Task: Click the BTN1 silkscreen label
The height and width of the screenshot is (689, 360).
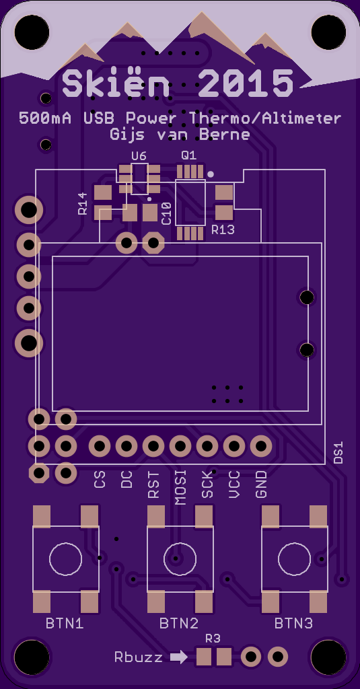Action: (x=65, y=623)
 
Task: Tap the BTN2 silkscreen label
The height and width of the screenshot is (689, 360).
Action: (x=179, y=623)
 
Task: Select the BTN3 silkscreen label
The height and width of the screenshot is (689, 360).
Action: (x=293, y=623)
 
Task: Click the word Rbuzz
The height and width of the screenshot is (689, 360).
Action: (x=139, y=657)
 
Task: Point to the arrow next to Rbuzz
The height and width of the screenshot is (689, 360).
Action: (x=179, y=657)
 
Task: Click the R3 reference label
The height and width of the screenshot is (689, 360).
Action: (x=213, y=639)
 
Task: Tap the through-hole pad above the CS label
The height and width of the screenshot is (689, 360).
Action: (x=100, y=447)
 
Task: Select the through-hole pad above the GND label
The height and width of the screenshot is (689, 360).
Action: (x=261, y=447)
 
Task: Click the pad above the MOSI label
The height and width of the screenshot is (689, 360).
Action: (x=180, y=447)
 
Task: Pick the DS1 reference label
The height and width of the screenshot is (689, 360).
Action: (x=338, y=453)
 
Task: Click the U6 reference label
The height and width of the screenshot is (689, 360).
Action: (x=139, y=156)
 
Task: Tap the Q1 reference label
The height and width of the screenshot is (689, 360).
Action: (x=189, y=155)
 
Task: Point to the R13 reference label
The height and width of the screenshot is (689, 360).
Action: (x=223, y=229)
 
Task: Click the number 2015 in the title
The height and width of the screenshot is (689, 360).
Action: (x=246, y=83)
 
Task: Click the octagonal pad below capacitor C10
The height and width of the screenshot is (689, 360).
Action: (x=153, y=242)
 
